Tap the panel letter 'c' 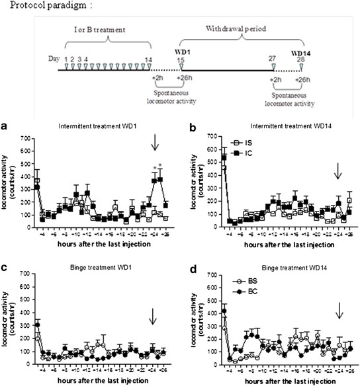pyautogui.click(x=5, y=266)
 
